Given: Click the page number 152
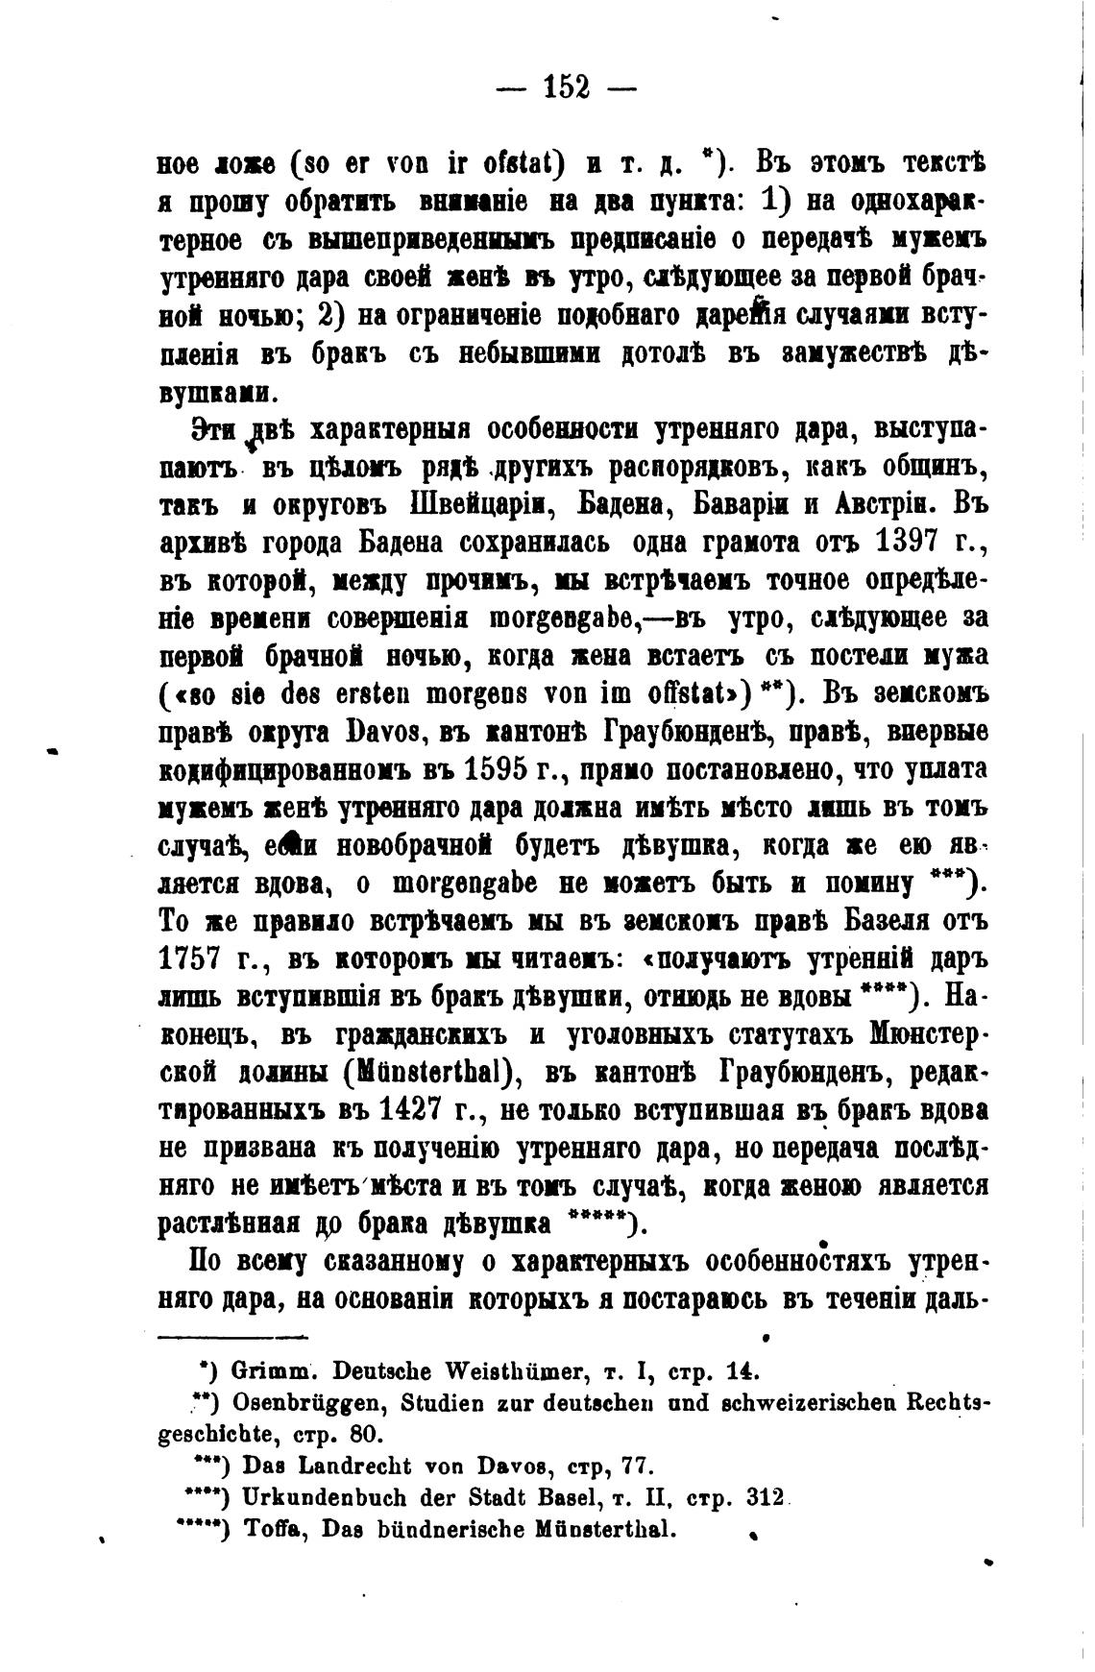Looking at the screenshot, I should [566, 87].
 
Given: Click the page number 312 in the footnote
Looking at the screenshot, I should [765, 1497].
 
